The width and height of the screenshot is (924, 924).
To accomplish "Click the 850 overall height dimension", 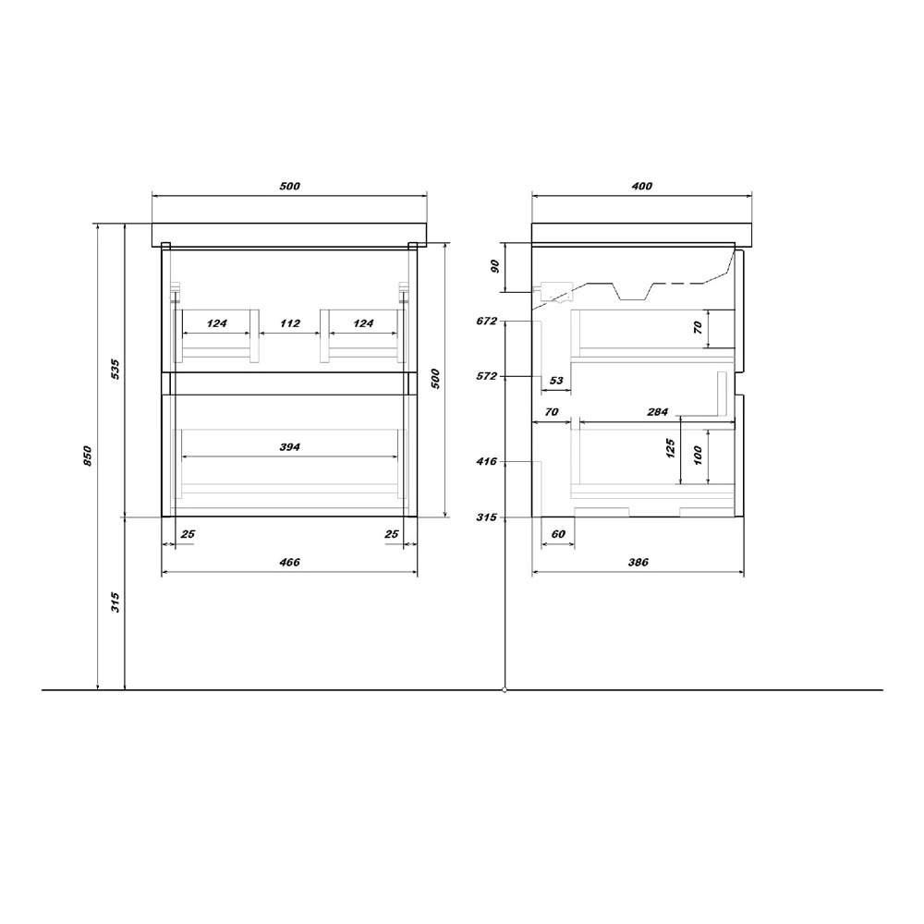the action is [x=88, y=456].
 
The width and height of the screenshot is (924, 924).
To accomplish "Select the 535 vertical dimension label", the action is [x=115, y=369].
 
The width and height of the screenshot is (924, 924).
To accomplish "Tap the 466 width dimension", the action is [x=289, y=562].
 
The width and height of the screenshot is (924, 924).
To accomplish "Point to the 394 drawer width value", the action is [x=289, y=447].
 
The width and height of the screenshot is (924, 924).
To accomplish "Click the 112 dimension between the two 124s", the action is [x=290, y=323].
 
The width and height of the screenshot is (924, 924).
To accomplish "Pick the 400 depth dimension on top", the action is [x=642, y=187].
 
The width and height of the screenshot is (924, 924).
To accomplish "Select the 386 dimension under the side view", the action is [x=638, y=562].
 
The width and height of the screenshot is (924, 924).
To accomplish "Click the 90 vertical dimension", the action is [x=495, y=266].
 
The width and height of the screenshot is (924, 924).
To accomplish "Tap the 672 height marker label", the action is [x=487, y=322].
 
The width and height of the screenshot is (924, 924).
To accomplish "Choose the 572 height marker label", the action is [x=487, y=376].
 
